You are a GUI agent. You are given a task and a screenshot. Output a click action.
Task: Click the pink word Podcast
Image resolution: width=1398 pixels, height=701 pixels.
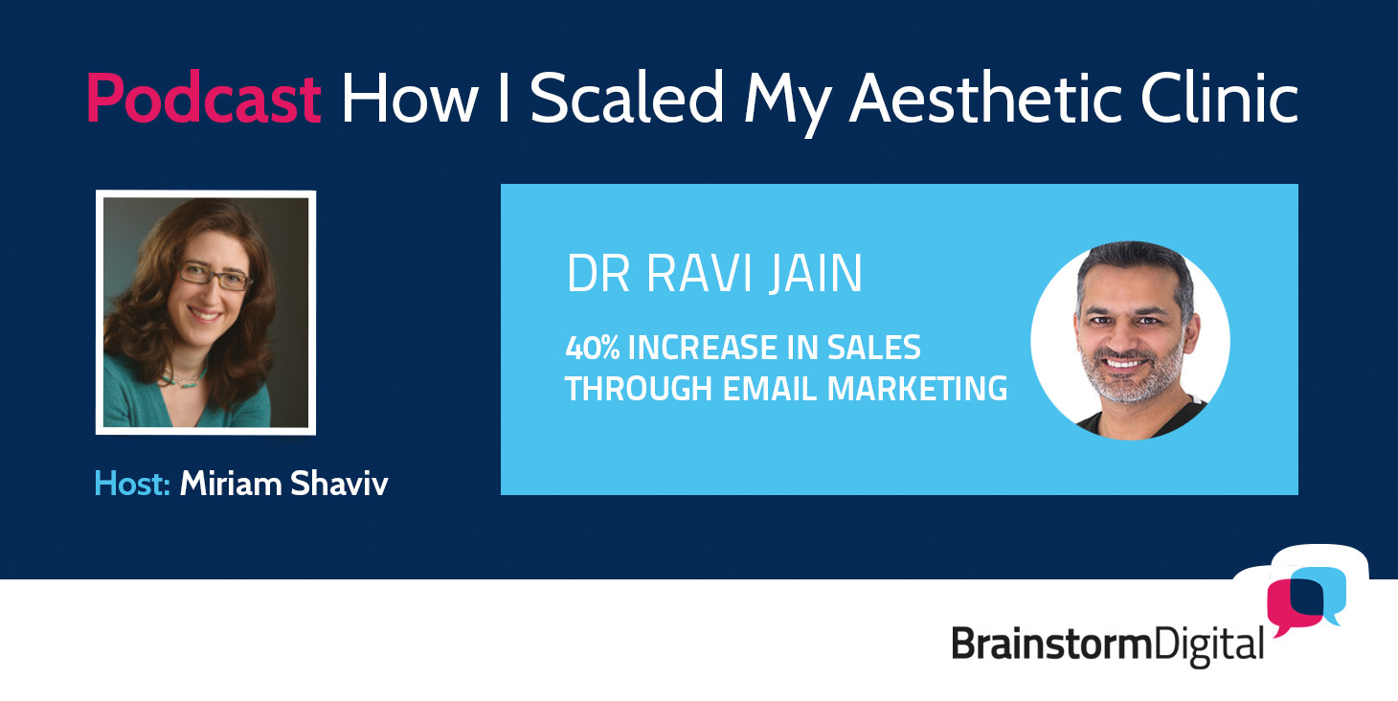(203, 98)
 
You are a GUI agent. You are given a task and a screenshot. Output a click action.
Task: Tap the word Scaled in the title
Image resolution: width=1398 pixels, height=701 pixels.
(626, 98)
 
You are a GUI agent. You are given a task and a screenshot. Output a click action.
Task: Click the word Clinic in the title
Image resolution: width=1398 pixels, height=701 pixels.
(1220, 98)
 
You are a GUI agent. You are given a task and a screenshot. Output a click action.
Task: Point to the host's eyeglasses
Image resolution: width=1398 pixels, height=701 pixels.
(214, 275)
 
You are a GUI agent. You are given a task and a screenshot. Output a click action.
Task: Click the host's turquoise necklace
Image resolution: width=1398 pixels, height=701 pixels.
(185, 378)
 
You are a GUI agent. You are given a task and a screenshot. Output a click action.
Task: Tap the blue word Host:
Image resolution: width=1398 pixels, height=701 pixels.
(132, 484)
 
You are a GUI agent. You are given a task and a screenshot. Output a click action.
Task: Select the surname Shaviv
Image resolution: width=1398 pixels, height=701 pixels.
(339, 484)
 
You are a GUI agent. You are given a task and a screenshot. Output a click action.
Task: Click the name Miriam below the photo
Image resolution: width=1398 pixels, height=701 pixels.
(231, 484)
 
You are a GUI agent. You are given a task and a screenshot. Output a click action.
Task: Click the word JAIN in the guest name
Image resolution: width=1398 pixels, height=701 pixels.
(816, 273)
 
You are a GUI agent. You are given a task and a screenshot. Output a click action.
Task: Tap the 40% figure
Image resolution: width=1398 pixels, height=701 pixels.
(593, 348)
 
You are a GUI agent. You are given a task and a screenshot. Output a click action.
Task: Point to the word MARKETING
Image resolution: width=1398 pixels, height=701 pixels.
(916, 388)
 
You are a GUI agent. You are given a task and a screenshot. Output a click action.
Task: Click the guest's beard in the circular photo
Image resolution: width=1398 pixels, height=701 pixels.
(1131, 377)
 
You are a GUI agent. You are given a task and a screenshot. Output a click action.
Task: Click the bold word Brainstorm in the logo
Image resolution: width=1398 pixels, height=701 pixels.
(1052, 644)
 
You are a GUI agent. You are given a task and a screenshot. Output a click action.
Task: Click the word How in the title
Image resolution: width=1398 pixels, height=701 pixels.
(410, 98)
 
